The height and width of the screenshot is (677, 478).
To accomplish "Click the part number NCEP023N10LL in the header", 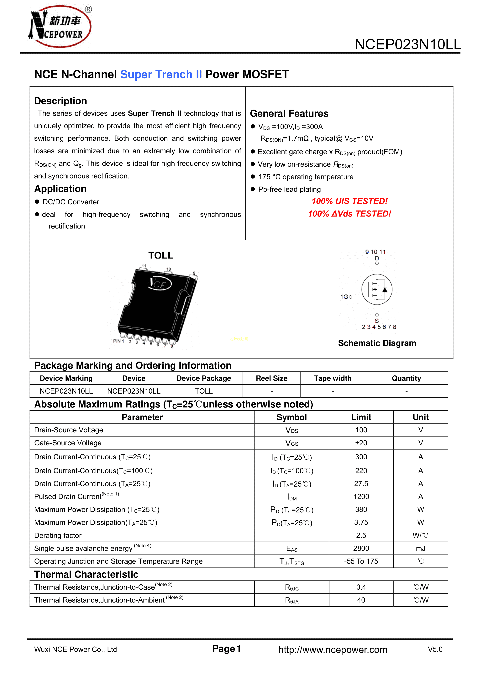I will click(x=408, y=45).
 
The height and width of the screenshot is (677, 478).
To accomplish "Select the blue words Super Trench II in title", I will click(x=161, y=74).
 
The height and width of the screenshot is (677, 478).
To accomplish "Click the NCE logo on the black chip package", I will click(x=159, y=284).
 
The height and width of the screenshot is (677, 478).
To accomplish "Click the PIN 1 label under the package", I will click(x=118, y=341).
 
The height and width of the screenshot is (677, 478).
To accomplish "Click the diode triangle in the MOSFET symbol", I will click(x=385, y=290).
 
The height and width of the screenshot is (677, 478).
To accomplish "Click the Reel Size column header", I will click(x=271, y=378).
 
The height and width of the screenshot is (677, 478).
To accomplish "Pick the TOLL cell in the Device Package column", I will click(x=203, y=391).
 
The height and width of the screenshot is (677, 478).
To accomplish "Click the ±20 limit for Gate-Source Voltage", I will click(x=361, y=443).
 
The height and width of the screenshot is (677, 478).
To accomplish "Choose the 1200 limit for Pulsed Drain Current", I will click(x=361, y=497).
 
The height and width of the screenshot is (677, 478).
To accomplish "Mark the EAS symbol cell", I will click(x=292, y=549).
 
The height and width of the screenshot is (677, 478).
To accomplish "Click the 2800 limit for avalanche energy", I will click(x=361, y=549).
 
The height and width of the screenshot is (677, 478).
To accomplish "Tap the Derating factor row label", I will click(x=58, y=535).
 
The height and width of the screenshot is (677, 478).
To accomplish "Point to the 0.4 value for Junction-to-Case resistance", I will click(x=361, y=587).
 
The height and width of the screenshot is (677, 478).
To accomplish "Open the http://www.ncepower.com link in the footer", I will click(x=333, y=650).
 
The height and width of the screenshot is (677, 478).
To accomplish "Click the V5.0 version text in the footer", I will click(x=435, y=649).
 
